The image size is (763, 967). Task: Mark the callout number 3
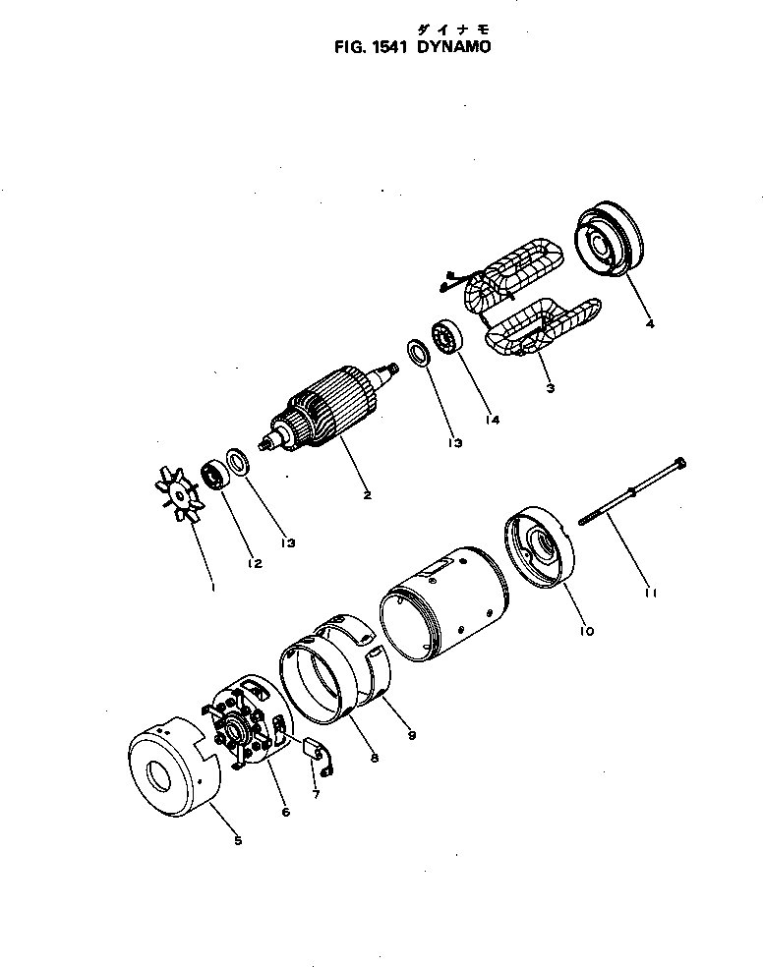(550, 388)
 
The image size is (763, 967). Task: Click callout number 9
(412, 733)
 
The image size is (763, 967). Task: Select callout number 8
(375, 758)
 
